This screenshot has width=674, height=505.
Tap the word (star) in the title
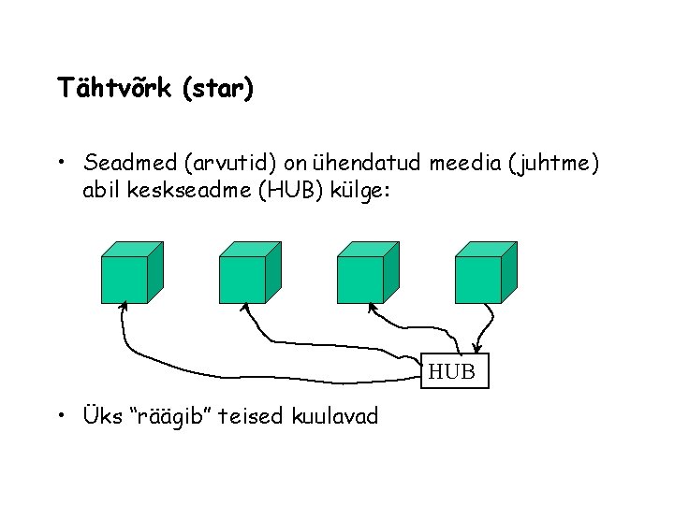coord(217,89)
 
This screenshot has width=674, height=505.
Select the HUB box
coord(452,372)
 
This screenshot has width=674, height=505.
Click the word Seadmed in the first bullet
coord(130,165)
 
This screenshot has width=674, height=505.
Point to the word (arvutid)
coord(226,165)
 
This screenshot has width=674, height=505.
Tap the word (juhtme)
coord(553,165)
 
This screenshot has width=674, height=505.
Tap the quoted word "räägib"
coord(178,415)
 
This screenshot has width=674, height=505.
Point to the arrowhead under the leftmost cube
coord(122,311)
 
